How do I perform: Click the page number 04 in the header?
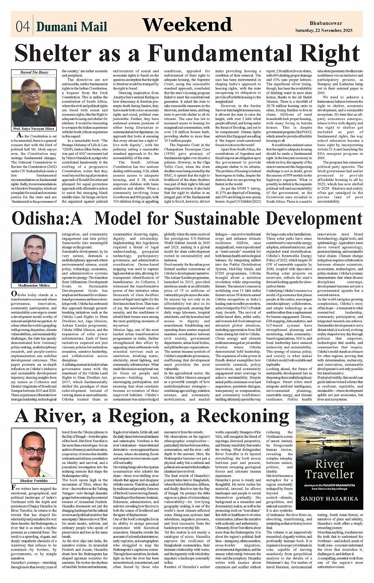pos(23,27)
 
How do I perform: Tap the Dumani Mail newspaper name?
pos(72,27)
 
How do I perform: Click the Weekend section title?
pos(187,25)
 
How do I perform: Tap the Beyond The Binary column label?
pos(34,72)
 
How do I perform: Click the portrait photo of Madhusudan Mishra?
pos(34,258)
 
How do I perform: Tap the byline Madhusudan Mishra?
pos(34,285)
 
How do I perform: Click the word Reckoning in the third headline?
pos(243,416)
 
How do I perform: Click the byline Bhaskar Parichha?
pos(36,480)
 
